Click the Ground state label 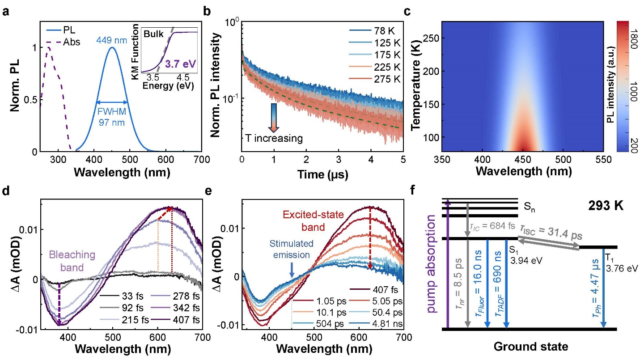click(526, 347)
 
